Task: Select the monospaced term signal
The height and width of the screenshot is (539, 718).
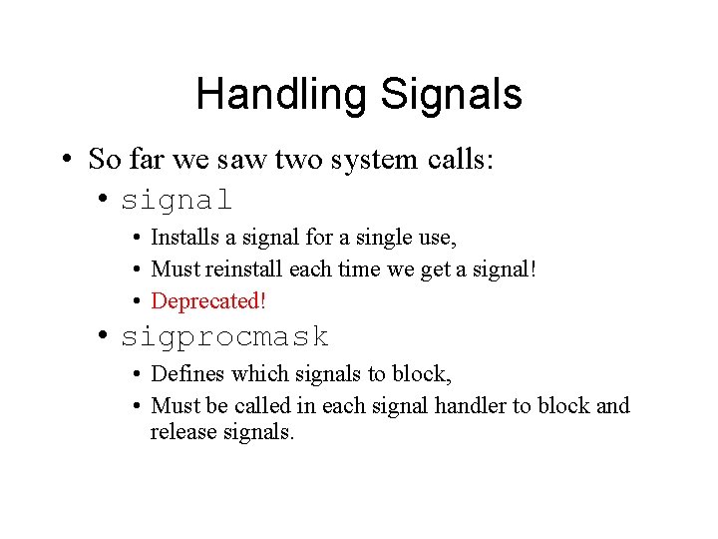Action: point(177,200)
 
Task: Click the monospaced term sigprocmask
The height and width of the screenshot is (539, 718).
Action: point(224,337)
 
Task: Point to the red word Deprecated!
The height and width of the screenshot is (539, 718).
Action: point(208,300)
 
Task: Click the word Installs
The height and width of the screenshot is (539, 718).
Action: point(181,238)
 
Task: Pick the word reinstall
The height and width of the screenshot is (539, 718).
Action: point(246,269)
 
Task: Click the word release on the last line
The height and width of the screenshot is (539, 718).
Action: point(180,432)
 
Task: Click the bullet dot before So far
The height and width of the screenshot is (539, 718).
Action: point(65,160)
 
